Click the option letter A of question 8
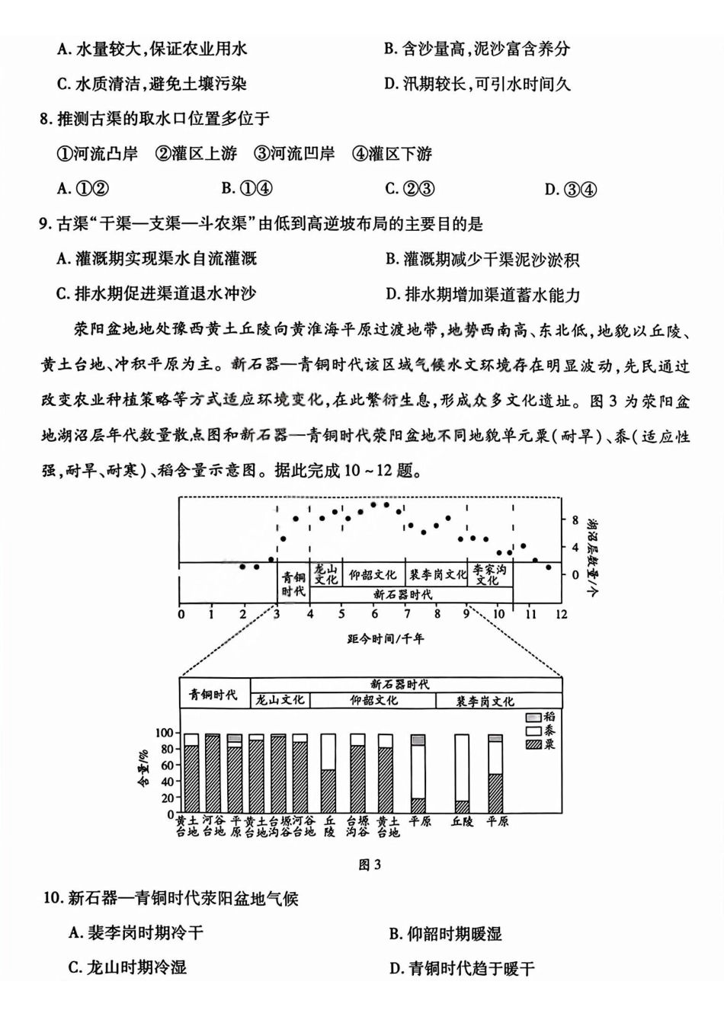[x=63, y=189]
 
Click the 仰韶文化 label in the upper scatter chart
[x=373, y=575]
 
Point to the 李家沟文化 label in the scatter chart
[x=489, y=575]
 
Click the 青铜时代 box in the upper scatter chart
[x=293, y=584]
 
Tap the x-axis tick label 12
[x=561, y=614]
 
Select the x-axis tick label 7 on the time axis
[x=407, y=614]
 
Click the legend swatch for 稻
[x=533, y=717]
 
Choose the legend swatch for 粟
[x=533, y=744]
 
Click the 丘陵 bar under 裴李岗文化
[x=462, y=773]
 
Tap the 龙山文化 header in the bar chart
[x=280, y=700]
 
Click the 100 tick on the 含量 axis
[x=165, y=733]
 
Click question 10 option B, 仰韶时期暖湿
[x=445, y=934]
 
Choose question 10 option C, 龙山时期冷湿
[x=127, y=967]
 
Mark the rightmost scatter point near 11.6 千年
[x=548, y=567]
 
